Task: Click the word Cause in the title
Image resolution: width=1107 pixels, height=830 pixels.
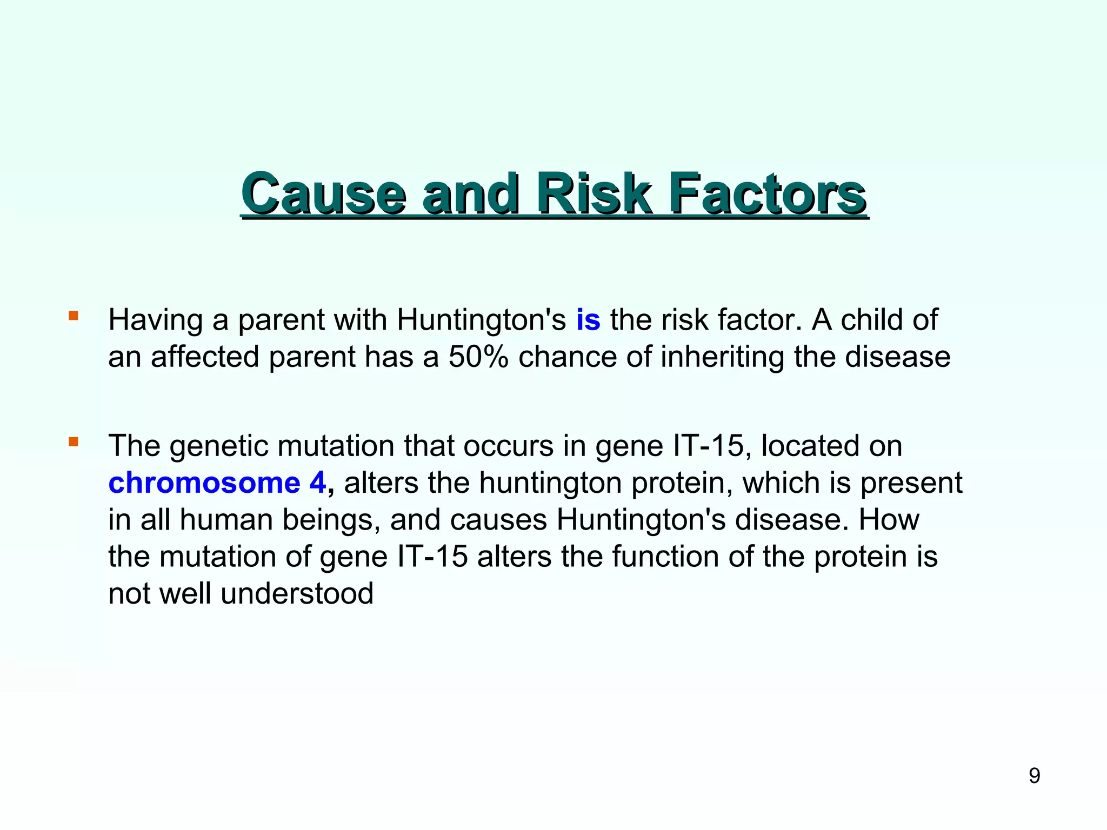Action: [x=323, y=193]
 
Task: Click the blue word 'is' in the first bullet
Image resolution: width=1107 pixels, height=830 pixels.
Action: [x=588, y=320]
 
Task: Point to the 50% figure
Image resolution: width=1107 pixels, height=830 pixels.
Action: [x=478, y=357]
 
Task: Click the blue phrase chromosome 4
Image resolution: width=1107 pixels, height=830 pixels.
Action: [x=217, y=483]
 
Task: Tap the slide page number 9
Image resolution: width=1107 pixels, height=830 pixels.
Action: [x=1034, y=776]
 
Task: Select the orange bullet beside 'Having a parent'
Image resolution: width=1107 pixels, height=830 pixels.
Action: [x=74, y=316]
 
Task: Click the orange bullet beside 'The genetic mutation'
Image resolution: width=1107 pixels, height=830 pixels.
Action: [x=74, y=442]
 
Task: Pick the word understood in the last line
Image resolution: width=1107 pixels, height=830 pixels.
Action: [x=297, y=593]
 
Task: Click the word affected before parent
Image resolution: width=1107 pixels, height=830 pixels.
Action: [x=205, y=357]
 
